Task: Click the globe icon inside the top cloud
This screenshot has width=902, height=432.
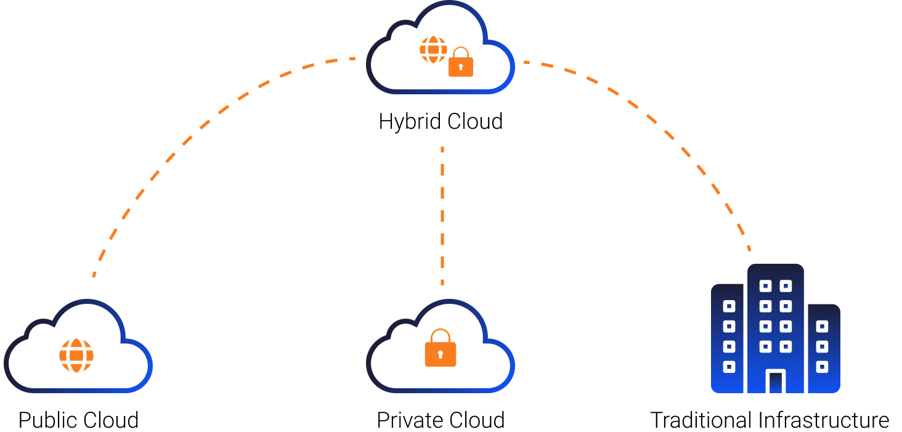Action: click(x=433, y=49)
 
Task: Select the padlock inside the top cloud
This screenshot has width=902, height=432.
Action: click(x=461, y=64)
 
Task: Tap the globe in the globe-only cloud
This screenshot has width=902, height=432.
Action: click(x=76, y=356)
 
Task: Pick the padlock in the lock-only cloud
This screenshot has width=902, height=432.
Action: click(x=441, y=350)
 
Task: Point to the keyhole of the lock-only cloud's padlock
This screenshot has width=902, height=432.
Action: click(x=441, y=354)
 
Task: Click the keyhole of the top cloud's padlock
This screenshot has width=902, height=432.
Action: click(x=461, y=67)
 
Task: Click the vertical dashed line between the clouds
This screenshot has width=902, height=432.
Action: click(x=442, y=216)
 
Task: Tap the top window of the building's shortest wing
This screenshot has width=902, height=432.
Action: click(x=822, y=326)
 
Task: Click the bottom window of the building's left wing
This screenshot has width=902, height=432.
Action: click(x=729, y=367)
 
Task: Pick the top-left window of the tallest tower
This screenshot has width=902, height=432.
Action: click(x=765, y=286)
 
